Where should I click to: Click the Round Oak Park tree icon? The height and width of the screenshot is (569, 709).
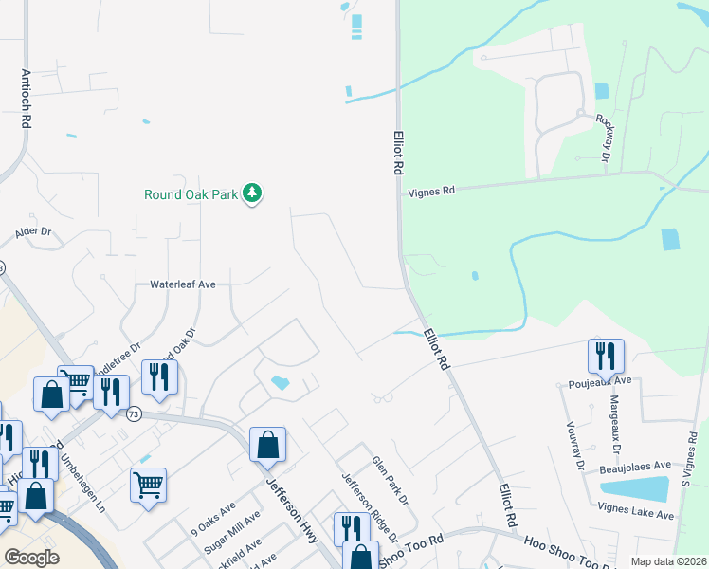tap(251, 193)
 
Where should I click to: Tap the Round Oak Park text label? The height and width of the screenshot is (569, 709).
tap(190, 195)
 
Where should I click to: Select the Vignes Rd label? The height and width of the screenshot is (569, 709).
tap(431, 191)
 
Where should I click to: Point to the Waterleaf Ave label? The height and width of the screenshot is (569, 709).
tap(183, 284)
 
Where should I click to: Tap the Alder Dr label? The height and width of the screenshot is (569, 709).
tap(32, 231)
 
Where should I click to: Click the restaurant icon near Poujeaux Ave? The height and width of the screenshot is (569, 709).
tap(606, 357)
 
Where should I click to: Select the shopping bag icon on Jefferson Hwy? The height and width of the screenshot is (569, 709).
tap(268, 444)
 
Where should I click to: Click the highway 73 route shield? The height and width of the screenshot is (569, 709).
tap(134, 413)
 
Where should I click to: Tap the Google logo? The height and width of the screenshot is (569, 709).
tap(31, 557)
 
